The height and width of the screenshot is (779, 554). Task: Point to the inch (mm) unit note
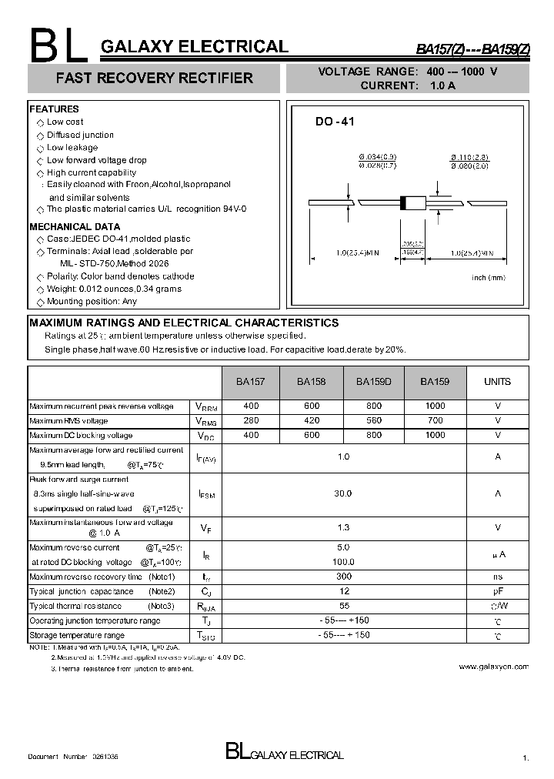(x=489, y=277)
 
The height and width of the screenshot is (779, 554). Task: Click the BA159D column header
(x=373, y=382)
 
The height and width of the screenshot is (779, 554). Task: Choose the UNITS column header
(x=497, y=382)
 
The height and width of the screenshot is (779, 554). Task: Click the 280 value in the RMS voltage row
(x=251, y=421)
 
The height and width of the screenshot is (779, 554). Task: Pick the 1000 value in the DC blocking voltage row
(x=435, y=436)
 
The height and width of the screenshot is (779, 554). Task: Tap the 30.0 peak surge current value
(x=344, y=493)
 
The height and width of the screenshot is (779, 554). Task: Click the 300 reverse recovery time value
(x=344, y=577)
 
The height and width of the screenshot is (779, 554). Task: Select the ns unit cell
(x=498, y=577)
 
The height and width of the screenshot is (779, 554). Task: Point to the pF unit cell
(x=498, y=591)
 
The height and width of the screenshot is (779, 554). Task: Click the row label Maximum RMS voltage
(x=68, y=421)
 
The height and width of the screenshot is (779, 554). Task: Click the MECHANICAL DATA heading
(x=75, y=227)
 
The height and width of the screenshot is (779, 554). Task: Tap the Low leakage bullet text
(x=72, y=148)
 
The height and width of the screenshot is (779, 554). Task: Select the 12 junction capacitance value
(x=344, y=591)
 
